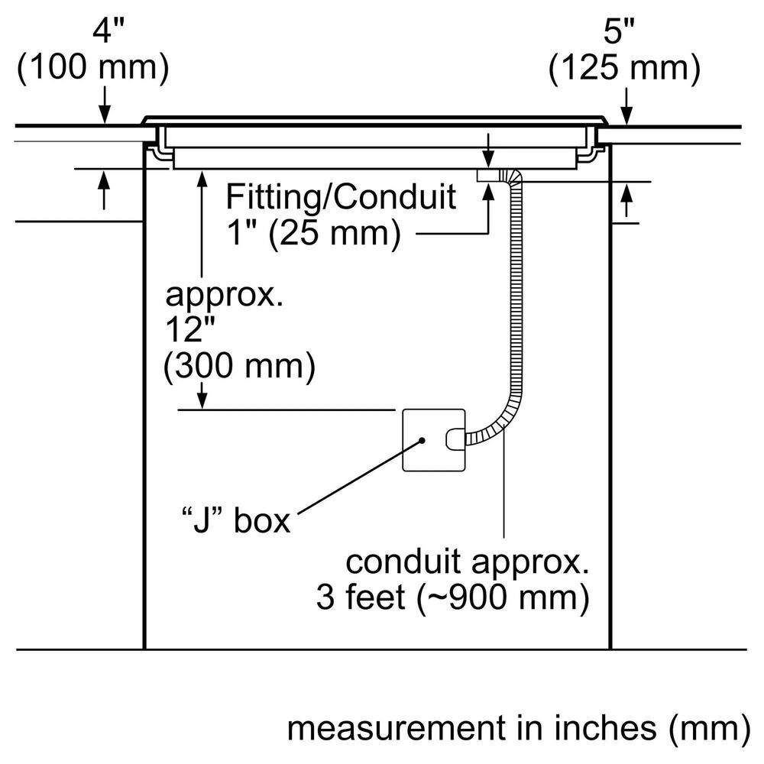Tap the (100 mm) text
92,69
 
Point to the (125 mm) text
625,69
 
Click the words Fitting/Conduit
341,197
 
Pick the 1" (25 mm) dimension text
313,233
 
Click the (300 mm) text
239,367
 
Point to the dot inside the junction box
421,441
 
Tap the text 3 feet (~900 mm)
452,598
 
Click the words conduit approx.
468,563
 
